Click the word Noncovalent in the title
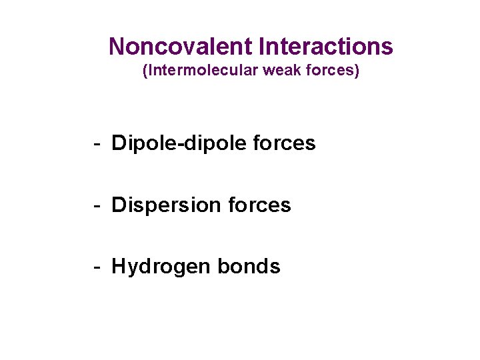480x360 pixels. pos(179,47)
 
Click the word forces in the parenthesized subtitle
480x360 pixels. pos(331,71)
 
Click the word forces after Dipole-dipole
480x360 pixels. pos(285,143)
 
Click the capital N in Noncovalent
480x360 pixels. pos(117,47)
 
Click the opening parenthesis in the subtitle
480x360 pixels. pos(145,71)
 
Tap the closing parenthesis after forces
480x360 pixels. pos(357,71)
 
